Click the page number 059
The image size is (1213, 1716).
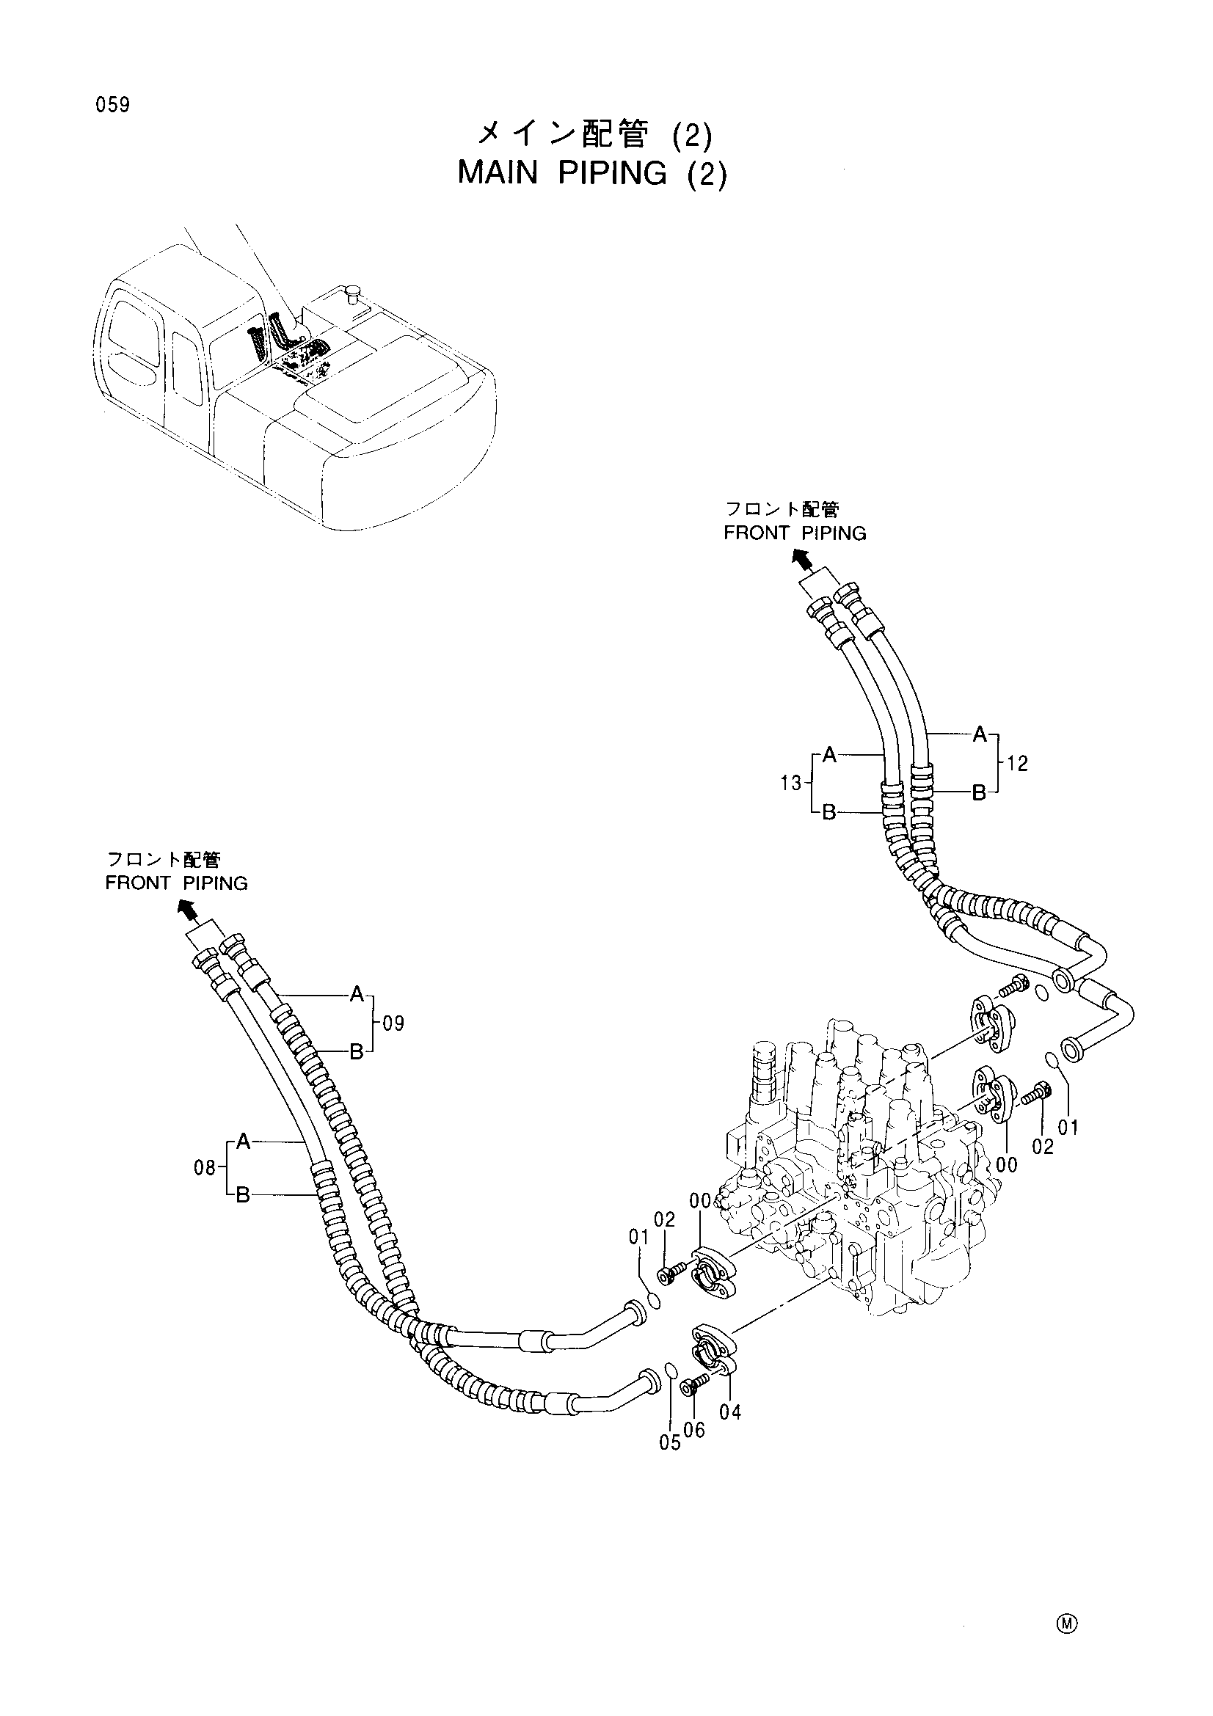click(112, 106)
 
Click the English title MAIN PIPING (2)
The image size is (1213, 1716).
click(591, 173)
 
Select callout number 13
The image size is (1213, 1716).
click(791, 784)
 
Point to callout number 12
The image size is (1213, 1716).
click(1017, 763)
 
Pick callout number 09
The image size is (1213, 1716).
click(393, 1023)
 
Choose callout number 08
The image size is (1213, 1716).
click(205, 1167)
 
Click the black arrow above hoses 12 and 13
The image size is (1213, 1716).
click(801, 558)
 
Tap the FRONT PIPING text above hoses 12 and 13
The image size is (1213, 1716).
click(795, 533)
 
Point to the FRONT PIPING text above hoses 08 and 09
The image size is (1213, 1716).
click(176, 883)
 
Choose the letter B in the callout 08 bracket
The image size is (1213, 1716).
click(243, 1196)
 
